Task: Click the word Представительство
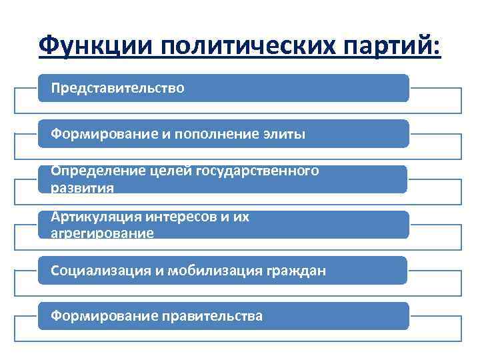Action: tap(118, 88)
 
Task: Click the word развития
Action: tap(83, 188)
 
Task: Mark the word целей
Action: tap(169, 171)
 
